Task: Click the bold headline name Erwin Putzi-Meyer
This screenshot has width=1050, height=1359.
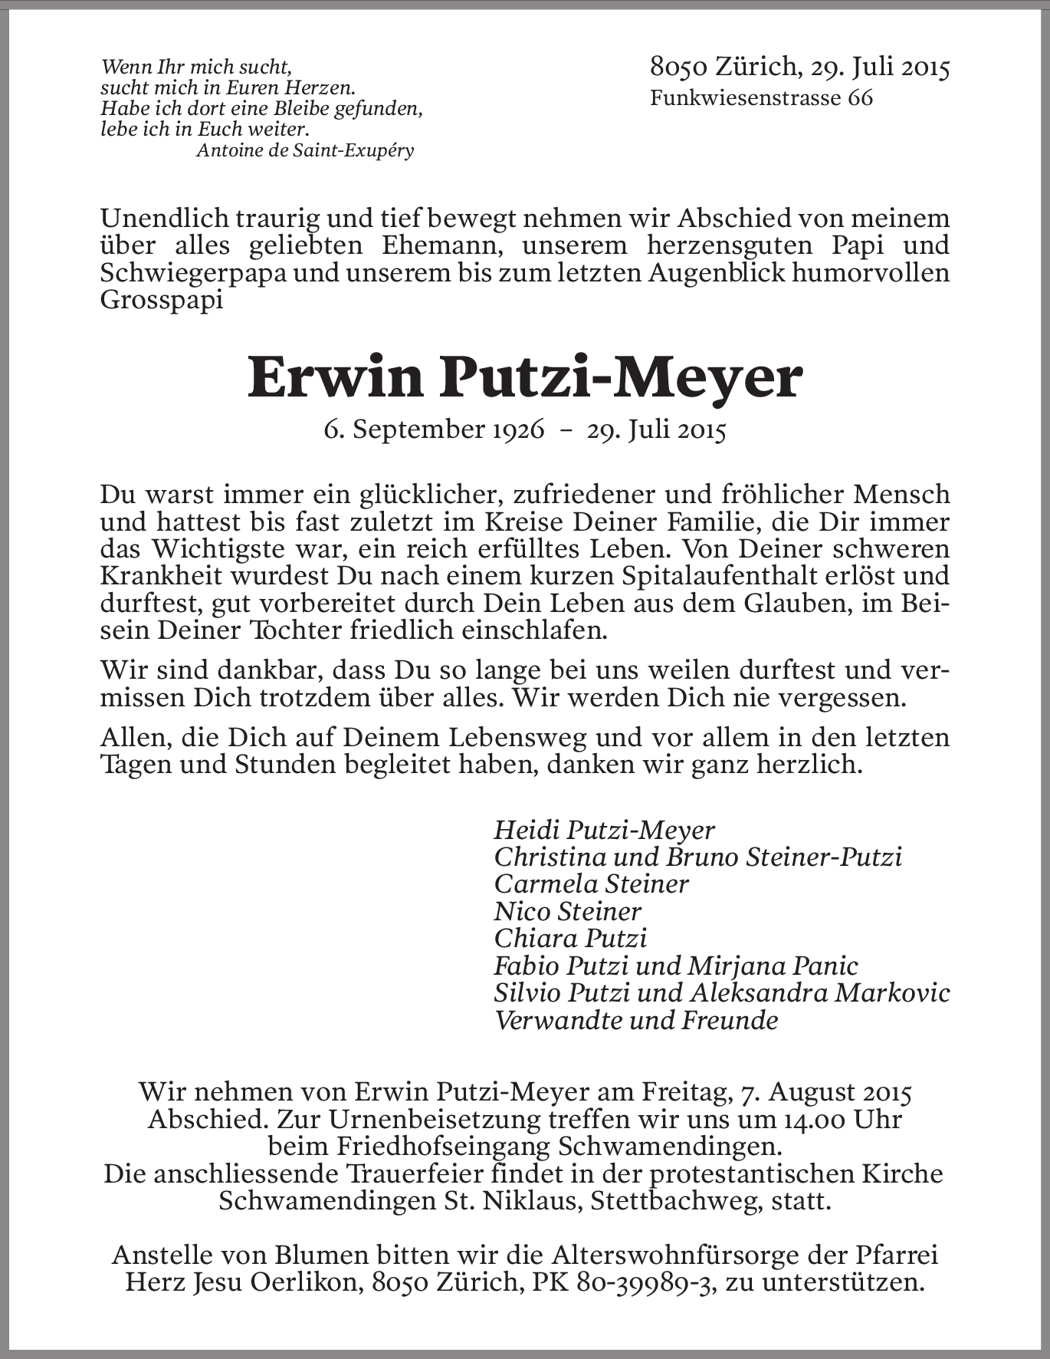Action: click(525, 378)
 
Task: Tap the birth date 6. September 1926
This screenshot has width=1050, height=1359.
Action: click(434, 429)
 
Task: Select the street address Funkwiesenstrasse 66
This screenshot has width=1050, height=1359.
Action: click(761, 98)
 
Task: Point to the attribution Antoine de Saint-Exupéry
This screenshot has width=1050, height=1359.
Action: click(305, 150)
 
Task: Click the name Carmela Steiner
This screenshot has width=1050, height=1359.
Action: click(591, 884)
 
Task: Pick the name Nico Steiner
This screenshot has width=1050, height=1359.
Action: click(567, 912)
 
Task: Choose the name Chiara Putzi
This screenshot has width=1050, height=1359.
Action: click(570, 939)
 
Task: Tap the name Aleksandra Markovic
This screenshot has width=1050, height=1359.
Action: click(820, 993)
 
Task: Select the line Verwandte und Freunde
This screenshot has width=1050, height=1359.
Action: click(635, 1021)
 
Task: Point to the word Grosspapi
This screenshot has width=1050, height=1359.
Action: click(162, 299)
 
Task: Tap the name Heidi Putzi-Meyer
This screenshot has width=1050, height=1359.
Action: click(604, 830)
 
